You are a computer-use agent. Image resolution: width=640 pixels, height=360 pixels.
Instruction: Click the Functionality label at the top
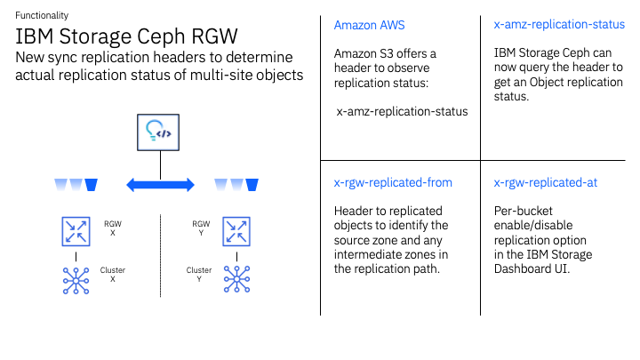pos(42,16)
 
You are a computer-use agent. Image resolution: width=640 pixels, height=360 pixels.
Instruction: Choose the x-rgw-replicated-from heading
pos(393,182)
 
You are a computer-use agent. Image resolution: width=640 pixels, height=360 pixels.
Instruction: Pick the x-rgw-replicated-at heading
pos(545,182)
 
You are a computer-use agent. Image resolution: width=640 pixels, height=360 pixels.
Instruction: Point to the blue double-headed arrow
pos(161,185)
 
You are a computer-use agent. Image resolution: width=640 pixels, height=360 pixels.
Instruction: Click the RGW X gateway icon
pos(76,231)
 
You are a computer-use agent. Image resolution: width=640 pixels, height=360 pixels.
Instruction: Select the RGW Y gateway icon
pos(236,231)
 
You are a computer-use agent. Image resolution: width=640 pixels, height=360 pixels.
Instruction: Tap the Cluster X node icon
pos(76,279)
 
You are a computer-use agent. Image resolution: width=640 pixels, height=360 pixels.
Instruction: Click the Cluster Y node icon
pos(236,279)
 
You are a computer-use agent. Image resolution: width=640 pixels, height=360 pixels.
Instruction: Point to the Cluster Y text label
pos(199,275)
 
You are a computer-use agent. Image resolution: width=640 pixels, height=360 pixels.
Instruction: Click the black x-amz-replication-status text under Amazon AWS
pos(402,112)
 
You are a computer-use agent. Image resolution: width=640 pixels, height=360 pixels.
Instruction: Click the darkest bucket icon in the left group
pos(91,185)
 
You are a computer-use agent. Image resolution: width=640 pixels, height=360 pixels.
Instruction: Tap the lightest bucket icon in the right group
pos(220,185)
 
